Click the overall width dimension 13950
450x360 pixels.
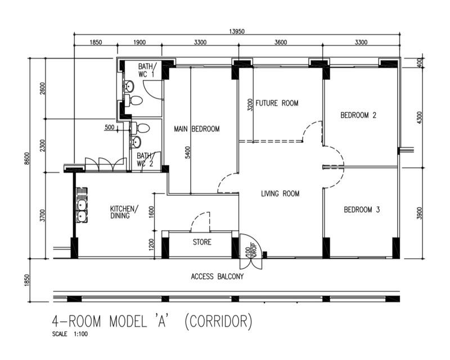[x=236, y=31]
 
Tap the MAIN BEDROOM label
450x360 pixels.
[x=196, y=129]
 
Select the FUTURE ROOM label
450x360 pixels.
[x=277, y=103]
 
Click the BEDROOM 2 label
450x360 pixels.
[x=358, y=115]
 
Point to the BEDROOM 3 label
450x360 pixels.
[x=362, y=210]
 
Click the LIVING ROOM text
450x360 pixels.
[x=280, y=193]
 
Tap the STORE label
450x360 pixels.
[x=202, y=243]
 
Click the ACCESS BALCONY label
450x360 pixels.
[x=217, y=276]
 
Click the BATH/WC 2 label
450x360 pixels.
[x=145, y=160]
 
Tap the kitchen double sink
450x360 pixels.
[x=81, y=206]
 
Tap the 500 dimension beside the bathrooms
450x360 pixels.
[x=110, y=128]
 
